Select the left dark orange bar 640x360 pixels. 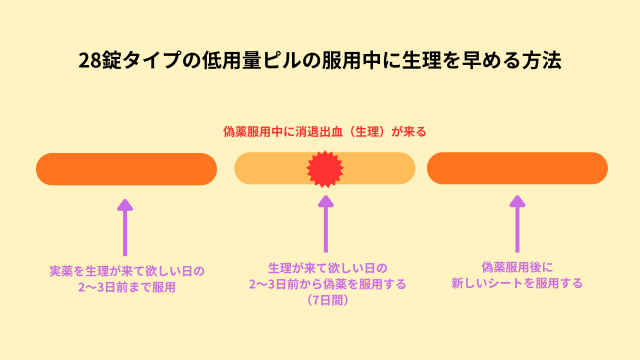click(x=126, y=169)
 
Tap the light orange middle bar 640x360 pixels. click(x=270, y=169)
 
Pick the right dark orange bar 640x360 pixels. click(x=517, y=169)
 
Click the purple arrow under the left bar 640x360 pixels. click(x=125, y=226)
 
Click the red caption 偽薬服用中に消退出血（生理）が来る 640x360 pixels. click(x=325, y=131)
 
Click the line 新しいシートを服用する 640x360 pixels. click(x=517, y=283)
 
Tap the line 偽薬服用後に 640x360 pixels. click(x=517, y=267)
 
